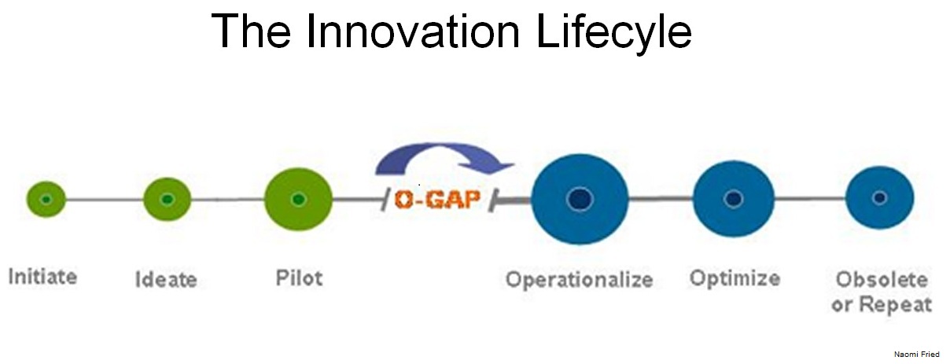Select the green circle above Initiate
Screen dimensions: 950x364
point(46,199)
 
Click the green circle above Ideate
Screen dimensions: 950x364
point(167,199)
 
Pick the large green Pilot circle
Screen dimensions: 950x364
point(298,199)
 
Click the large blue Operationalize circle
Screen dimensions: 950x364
point(580,199)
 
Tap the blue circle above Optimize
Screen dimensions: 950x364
point(734,199)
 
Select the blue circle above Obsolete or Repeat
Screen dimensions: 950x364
point(879,197)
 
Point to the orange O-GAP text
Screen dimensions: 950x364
point(437,199)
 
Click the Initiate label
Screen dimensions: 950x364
point(42,277)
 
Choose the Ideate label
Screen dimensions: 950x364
point(166,280)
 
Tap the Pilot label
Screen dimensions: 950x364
point(300,278)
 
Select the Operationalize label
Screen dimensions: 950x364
point(580,280)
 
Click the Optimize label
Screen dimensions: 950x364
point(735,279)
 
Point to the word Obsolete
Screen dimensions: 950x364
point(882,280)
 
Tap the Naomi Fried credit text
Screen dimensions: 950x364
point(916,355)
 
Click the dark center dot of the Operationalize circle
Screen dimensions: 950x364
point(580,199)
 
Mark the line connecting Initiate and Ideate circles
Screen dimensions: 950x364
point(105,200)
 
